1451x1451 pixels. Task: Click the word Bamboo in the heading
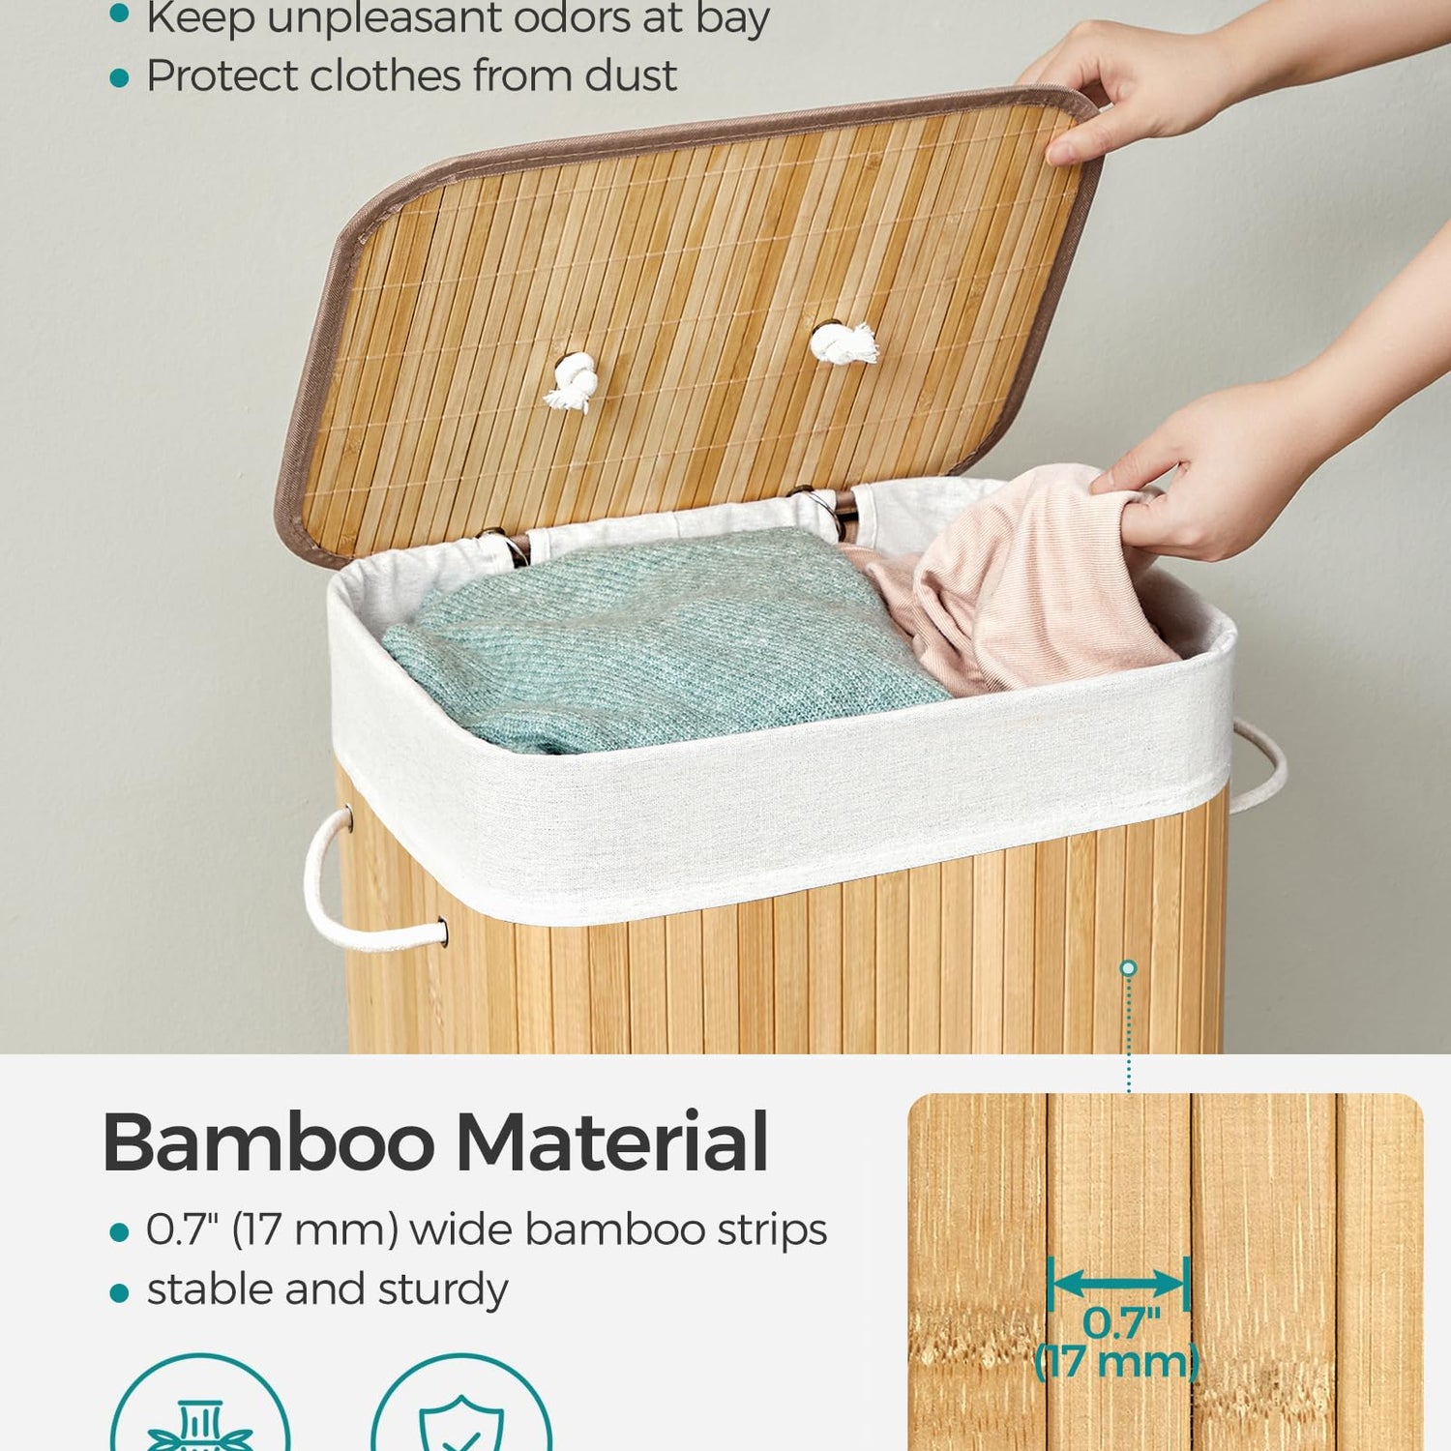(x=269, y=1141)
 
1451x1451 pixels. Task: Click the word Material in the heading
(x=612, y=1141)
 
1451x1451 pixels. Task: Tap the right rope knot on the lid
(x=844, y=343)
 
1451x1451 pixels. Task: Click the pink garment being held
(x=1016, y=580)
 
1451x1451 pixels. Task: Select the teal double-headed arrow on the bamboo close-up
(x=1119, y=1284)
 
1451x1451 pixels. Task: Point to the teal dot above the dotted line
(x=1128, y=967)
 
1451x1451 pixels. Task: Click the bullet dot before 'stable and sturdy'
(x=119, y=1292)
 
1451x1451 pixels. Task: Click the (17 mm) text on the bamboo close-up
(x=1117, y=1362)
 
